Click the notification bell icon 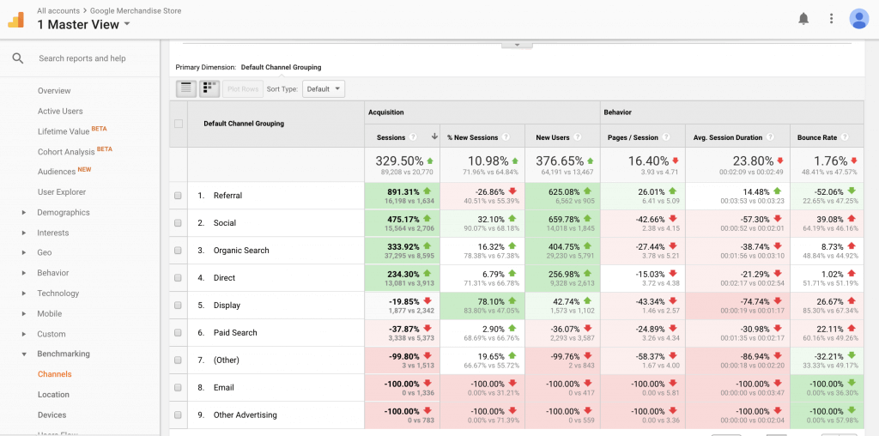point(803,18)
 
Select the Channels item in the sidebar point(54,374)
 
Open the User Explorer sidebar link point(62,192)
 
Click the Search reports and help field point(82,58)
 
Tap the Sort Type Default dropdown point(324,88)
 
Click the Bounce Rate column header point(816,137)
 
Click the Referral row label point(227,196)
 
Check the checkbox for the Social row point(178,223)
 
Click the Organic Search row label point(241,251)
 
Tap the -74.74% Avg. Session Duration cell point(754,302)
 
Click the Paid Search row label point(234,333)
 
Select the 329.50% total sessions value point(400,160)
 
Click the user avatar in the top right point(858,18)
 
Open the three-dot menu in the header point(831,18)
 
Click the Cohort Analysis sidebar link point(66,152)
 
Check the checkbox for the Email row point(178,388)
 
